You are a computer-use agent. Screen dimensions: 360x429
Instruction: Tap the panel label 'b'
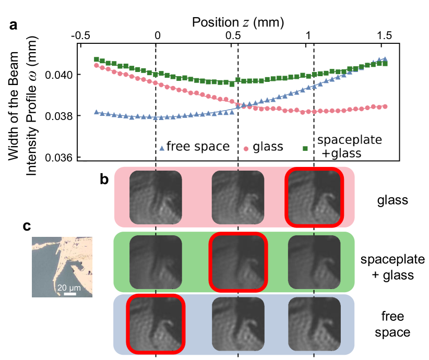click(x=105, y=179)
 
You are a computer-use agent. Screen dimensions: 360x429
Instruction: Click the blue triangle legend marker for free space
click(x=162, y=149)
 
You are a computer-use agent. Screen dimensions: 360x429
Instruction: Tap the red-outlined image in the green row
click(x=238, y=261)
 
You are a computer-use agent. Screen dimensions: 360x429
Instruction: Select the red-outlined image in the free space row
click(x=156, y=324)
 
